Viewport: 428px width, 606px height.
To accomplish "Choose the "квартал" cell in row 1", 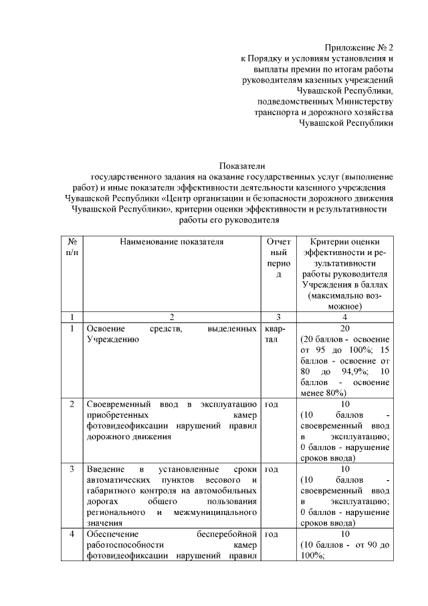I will pyautogui.click(x=276, y=334).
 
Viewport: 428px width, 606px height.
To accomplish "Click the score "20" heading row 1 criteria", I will pyautogui.click(x=345, y=329).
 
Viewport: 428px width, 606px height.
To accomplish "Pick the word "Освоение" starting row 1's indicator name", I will pyautogui.click(x=101, y=329).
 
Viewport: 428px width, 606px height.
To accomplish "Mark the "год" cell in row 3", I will pyautogui.click(x=272, y=469).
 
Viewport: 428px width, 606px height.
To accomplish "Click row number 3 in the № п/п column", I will pyautogui.click(x=72, y=469).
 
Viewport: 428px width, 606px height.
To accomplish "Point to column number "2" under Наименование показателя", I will pyautogui.click(x=171, y=317).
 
